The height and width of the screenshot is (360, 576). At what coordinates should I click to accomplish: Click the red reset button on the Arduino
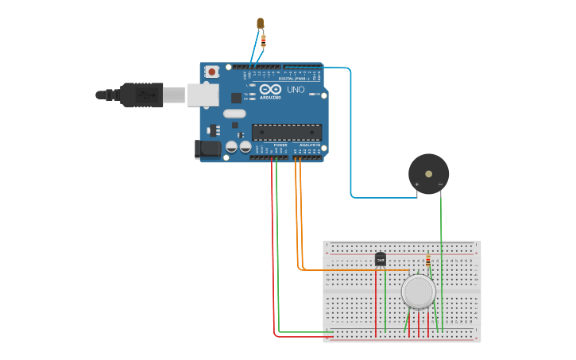211,72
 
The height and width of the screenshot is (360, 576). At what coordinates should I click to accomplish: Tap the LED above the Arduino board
261,23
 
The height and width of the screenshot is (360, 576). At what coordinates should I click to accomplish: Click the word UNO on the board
296,90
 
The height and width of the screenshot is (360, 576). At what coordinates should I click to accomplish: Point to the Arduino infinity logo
270,88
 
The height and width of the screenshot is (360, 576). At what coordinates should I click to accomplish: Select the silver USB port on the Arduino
203,95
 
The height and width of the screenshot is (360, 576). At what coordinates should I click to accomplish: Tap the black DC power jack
208,149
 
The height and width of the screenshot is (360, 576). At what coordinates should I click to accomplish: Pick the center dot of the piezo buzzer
428,172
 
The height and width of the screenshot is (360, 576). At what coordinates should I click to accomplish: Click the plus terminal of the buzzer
416,185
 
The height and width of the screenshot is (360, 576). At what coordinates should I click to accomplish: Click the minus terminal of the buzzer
440,185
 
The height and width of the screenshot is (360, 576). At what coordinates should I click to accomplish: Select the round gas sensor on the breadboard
418,292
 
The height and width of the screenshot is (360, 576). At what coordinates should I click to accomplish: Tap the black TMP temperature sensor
380,259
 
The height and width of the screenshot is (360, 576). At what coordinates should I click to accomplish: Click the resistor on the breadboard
428,261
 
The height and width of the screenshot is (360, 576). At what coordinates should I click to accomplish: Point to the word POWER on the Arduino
280,145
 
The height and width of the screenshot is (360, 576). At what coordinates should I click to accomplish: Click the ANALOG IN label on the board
310,145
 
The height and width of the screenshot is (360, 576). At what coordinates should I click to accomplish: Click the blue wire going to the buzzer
350,135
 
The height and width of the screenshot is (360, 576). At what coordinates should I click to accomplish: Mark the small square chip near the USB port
236,98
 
